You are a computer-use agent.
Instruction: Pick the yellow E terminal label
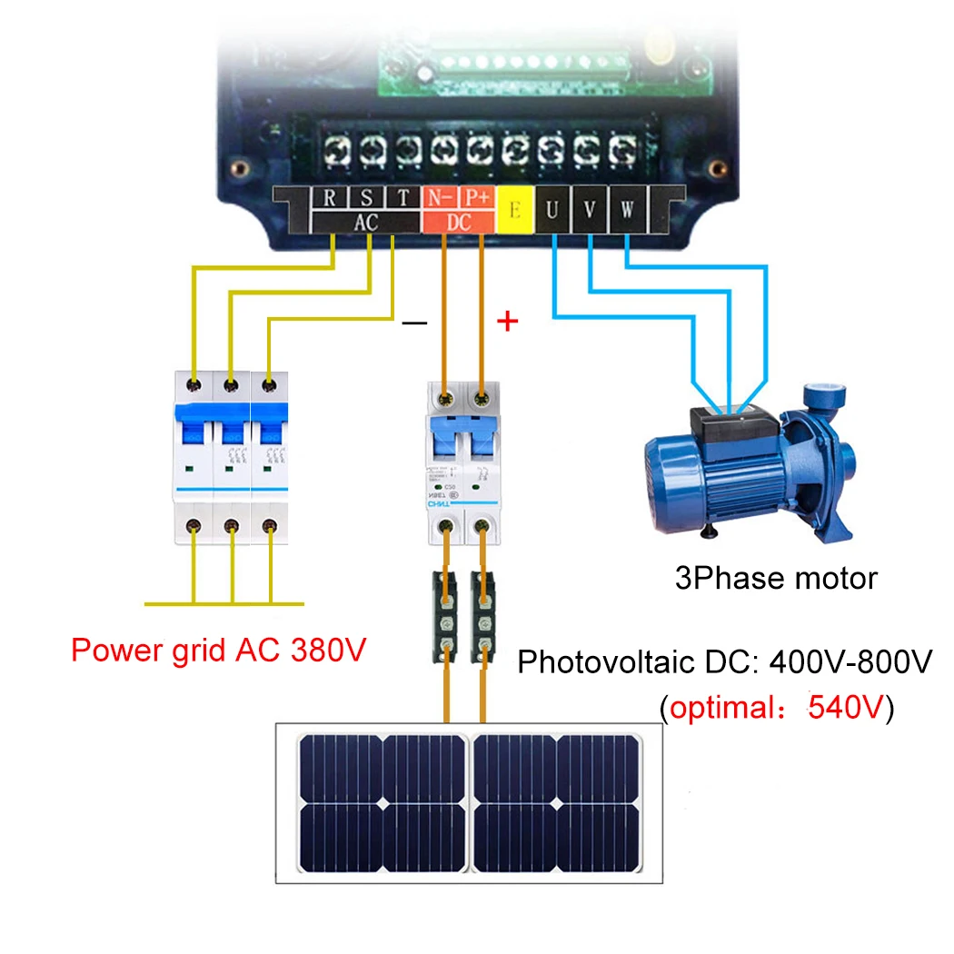tap(515, 210)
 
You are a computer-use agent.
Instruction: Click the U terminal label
tap(552, 210)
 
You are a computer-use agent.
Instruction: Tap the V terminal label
tap(590, 210)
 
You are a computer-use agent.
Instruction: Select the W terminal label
tap(628, 210)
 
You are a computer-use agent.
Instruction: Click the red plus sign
tap(509, 321)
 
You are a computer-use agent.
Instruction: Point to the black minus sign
tap(413, 323)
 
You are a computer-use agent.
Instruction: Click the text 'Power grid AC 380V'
tap(218, 651)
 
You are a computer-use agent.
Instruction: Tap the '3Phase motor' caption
tap(776, 578)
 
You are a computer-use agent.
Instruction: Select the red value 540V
tap(845, 707)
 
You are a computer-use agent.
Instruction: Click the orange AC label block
tap(365, 223)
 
